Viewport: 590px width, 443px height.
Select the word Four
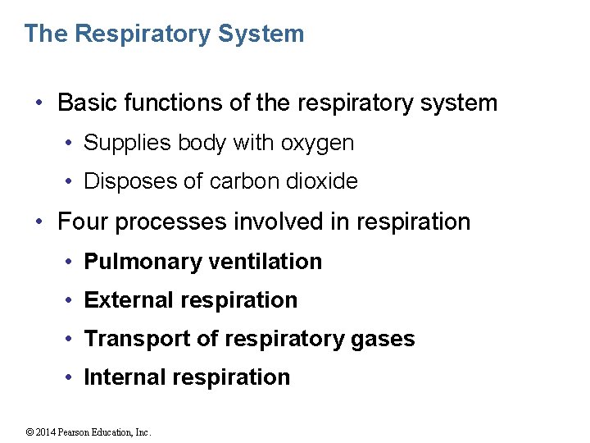[80, 221]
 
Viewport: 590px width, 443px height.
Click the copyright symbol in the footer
[29, 432]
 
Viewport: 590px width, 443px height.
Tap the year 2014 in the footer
[45, 432]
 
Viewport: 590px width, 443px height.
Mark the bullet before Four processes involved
[40, 221]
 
